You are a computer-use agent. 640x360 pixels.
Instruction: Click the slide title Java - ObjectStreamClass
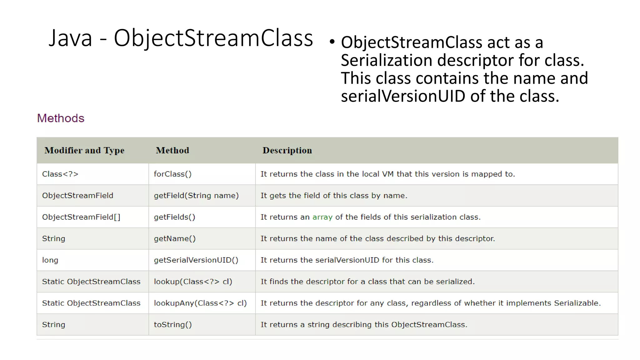181,38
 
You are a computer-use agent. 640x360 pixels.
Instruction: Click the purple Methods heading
61,118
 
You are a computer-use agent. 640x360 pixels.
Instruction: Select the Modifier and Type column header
84,150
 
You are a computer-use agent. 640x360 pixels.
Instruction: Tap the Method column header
172,150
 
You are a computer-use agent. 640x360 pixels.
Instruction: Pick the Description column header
287,150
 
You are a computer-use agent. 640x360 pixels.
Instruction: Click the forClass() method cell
172,174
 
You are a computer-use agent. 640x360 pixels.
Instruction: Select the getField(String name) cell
196,196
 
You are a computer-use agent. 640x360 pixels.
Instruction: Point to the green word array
322,217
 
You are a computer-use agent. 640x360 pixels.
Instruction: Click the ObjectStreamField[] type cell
81,217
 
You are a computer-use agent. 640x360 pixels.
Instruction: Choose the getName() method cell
175,239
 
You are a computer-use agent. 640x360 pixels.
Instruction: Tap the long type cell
50,260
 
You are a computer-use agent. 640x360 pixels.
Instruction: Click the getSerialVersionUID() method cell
196,260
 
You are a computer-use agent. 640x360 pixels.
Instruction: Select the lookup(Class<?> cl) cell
193,282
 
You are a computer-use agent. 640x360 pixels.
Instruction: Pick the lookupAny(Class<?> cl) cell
200,303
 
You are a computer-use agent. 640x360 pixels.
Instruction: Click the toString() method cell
172,325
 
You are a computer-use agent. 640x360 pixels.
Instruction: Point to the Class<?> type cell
60,174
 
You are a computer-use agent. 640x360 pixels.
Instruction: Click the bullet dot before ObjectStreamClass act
332,42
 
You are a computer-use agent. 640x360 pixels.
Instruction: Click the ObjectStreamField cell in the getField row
77,196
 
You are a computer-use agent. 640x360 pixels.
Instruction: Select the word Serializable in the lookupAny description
577,303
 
